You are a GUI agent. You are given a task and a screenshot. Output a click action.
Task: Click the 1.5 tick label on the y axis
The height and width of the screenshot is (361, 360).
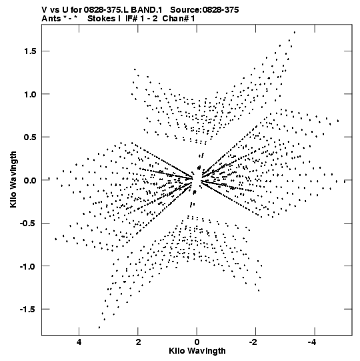30,51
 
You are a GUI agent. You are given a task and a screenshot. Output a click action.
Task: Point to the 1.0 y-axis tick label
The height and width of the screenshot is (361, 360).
30,94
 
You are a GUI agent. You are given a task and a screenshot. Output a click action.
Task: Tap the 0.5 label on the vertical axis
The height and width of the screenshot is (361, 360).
30,137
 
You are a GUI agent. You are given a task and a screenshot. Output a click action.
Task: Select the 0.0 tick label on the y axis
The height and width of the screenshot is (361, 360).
30,180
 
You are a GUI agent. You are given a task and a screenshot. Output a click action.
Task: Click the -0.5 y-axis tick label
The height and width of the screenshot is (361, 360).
28,224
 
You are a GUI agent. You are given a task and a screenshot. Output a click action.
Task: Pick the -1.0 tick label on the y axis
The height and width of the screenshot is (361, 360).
28,266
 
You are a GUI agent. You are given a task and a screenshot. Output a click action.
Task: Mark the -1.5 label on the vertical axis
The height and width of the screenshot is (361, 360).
28,310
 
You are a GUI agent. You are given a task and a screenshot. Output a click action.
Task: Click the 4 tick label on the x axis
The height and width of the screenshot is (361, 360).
79,342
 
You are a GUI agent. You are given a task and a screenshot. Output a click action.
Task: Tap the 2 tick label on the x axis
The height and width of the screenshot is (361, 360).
138,342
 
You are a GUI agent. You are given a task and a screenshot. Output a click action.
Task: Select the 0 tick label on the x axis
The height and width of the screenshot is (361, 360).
197,342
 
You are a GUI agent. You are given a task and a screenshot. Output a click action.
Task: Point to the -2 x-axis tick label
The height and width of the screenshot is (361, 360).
254,342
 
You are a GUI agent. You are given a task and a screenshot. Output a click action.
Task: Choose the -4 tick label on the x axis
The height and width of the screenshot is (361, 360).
313,342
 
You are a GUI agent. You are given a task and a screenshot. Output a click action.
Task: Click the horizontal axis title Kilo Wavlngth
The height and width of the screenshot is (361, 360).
197,351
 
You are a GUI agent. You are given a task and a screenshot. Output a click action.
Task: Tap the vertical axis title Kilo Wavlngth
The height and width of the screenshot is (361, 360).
13,179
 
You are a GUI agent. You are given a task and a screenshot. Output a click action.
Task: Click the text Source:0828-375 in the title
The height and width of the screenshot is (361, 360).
204,9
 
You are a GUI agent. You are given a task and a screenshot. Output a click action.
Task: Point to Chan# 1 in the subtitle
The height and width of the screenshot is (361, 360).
179,19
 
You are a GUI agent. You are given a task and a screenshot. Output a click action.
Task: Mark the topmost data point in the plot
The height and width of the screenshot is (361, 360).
295,32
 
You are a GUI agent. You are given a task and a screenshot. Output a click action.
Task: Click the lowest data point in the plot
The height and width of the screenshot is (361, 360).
99,328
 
